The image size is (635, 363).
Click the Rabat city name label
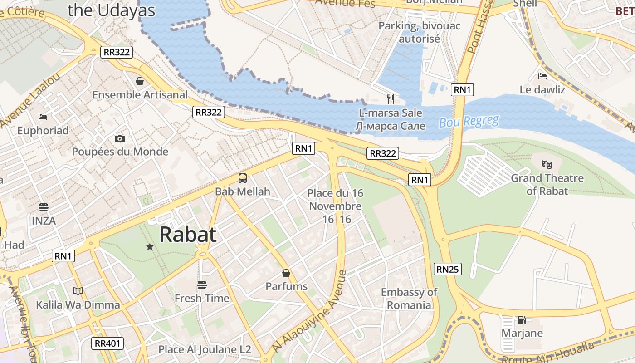188,235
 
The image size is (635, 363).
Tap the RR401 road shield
108,343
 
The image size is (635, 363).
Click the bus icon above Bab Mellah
243,178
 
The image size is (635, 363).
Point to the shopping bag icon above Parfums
286,273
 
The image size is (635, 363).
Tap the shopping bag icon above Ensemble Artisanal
140,81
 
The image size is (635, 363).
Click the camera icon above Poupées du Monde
120,138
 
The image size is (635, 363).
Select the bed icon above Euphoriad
43,117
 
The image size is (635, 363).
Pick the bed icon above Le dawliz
542,76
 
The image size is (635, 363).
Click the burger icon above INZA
44,207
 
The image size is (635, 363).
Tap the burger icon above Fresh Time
202,285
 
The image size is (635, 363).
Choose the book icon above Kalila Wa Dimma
78,291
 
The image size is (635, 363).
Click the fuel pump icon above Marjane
522,320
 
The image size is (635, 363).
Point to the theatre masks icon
547,164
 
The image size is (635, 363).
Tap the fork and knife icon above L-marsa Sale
390,99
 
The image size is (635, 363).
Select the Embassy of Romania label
409,299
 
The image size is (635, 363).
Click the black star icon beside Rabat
150,247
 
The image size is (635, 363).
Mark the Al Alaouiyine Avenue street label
309,312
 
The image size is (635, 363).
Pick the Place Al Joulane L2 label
205,349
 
